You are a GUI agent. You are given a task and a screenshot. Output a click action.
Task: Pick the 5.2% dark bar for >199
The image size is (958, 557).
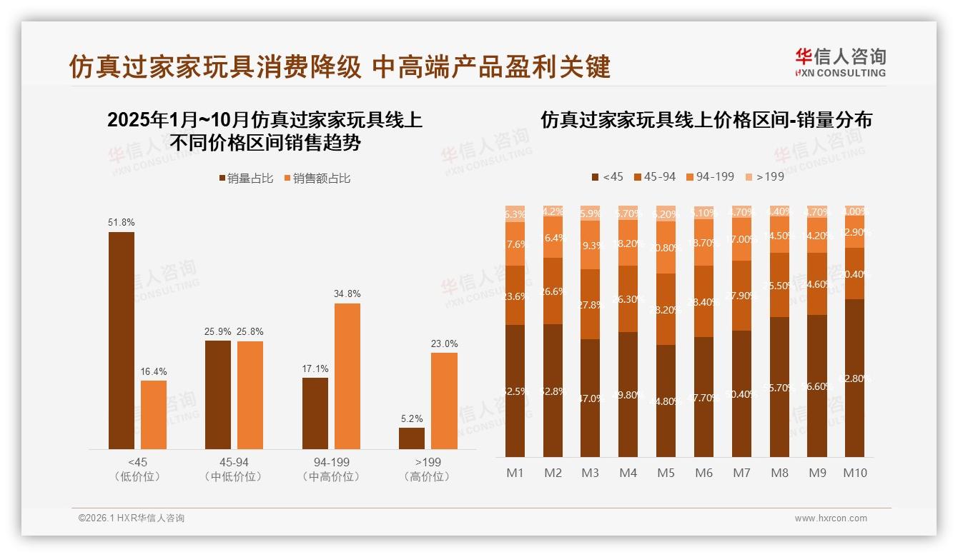[412, 438]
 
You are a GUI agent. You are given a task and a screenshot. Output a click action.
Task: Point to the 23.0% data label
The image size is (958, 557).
[444, 343]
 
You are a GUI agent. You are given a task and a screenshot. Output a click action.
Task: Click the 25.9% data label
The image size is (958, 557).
[218, 331]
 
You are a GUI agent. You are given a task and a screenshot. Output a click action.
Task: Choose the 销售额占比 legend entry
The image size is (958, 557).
[317, 179]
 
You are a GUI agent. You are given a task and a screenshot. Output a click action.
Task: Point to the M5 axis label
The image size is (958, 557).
[666, 473]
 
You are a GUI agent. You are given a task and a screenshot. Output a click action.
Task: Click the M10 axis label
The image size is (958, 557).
[854, 473]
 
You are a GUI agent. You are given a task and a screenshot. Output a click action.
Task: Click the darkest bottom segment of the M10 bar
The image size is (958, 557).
[854, 378]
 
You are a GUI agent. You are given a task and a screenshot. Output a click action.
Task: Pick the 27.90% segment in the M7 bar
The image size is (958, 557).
[741, 295]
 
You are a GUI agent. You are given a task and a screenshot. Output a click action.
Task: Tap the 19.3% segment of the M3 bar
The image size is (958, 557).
[590, 244]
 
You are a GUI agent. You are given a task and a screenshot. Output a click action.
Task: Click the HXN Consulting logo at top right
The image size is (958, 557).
[840, 62]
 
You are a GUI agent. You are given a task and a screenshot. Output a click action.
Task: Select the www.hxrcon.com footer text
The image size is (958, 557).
[831, 518]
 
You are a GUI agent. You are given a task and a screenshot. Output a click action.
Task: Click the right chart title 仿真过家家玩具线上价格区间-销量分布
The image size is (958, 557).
[706, 120]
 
